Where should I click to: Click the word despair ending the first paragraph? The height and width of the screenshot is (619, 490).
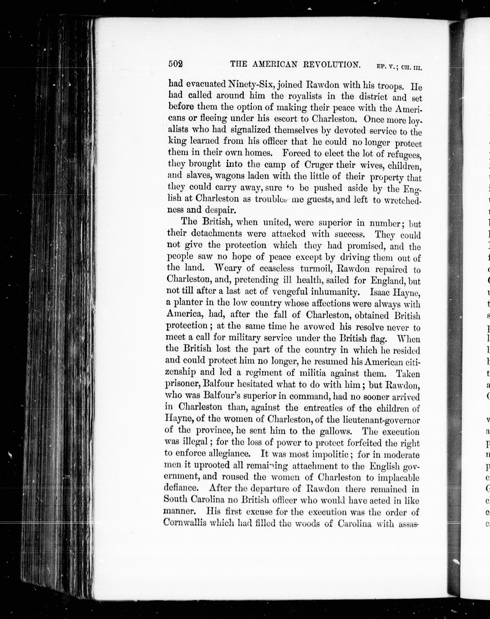220,210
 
